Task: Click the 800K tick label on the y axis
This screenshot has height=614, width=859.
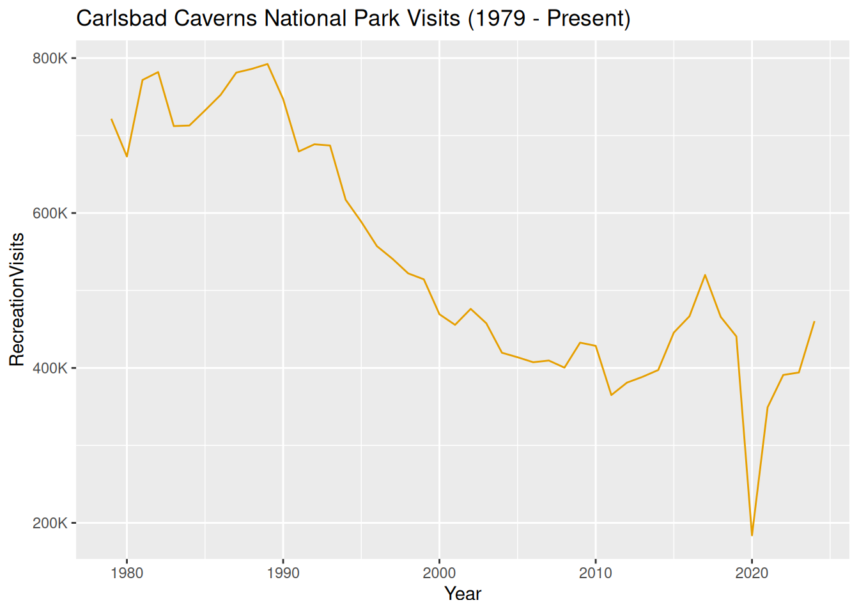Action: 50,58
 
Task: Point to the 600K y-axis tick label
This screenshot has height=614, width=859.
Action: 50,213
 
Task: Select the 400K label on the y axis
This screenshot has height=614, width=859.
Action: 50,368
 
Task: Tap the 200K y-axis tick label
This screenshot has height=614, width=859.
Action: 50,523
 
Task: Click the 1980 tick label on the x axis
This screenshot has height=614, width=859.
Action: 127,573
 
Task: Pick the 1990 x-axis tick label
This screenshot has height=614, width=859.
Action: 283,573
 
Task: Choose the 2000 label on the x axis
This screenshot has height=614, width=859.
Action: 439,573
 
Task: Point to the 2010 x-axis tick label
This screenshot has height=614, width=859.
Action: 596,573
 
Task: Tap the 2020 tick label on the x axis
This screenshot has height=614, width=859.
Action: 752,573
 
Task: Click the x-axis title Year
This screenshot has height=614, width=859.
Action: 463,594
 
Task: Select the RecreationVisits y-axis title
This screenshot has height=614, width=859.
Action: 17,299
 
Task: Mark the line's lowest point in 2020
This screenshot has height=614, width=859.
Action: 752,535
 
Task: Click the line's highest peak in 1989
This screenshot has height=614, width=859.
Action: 267,64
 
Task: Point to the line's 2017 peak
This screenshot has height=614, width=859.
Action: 705,275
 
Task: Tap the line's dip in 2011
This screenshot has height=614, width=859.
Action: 611,395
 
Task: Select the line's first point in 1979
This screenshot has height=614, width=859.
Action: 111,119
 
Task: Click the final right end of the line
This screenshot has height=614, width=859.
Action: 814,322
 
